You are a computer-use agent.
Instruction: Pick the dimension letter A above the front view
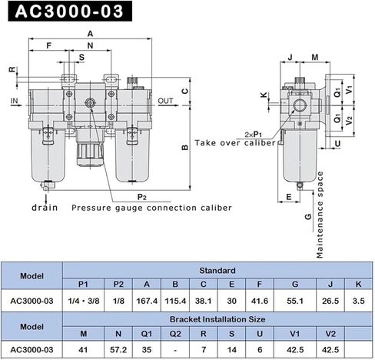click(x=90, y=34)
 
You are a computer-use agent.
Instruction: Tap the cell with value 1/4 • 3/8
click(x=85, y=300)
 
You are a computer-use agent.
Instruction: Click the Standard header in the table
click(x=211, y=270)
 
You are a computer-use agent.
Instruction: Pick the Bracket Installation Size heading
click(x=211, y=317)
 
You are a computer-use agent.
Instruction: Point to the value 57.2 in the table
click(x=118, y=348)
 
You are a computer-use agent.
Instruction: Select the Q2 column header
click(x=176, y=333)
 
